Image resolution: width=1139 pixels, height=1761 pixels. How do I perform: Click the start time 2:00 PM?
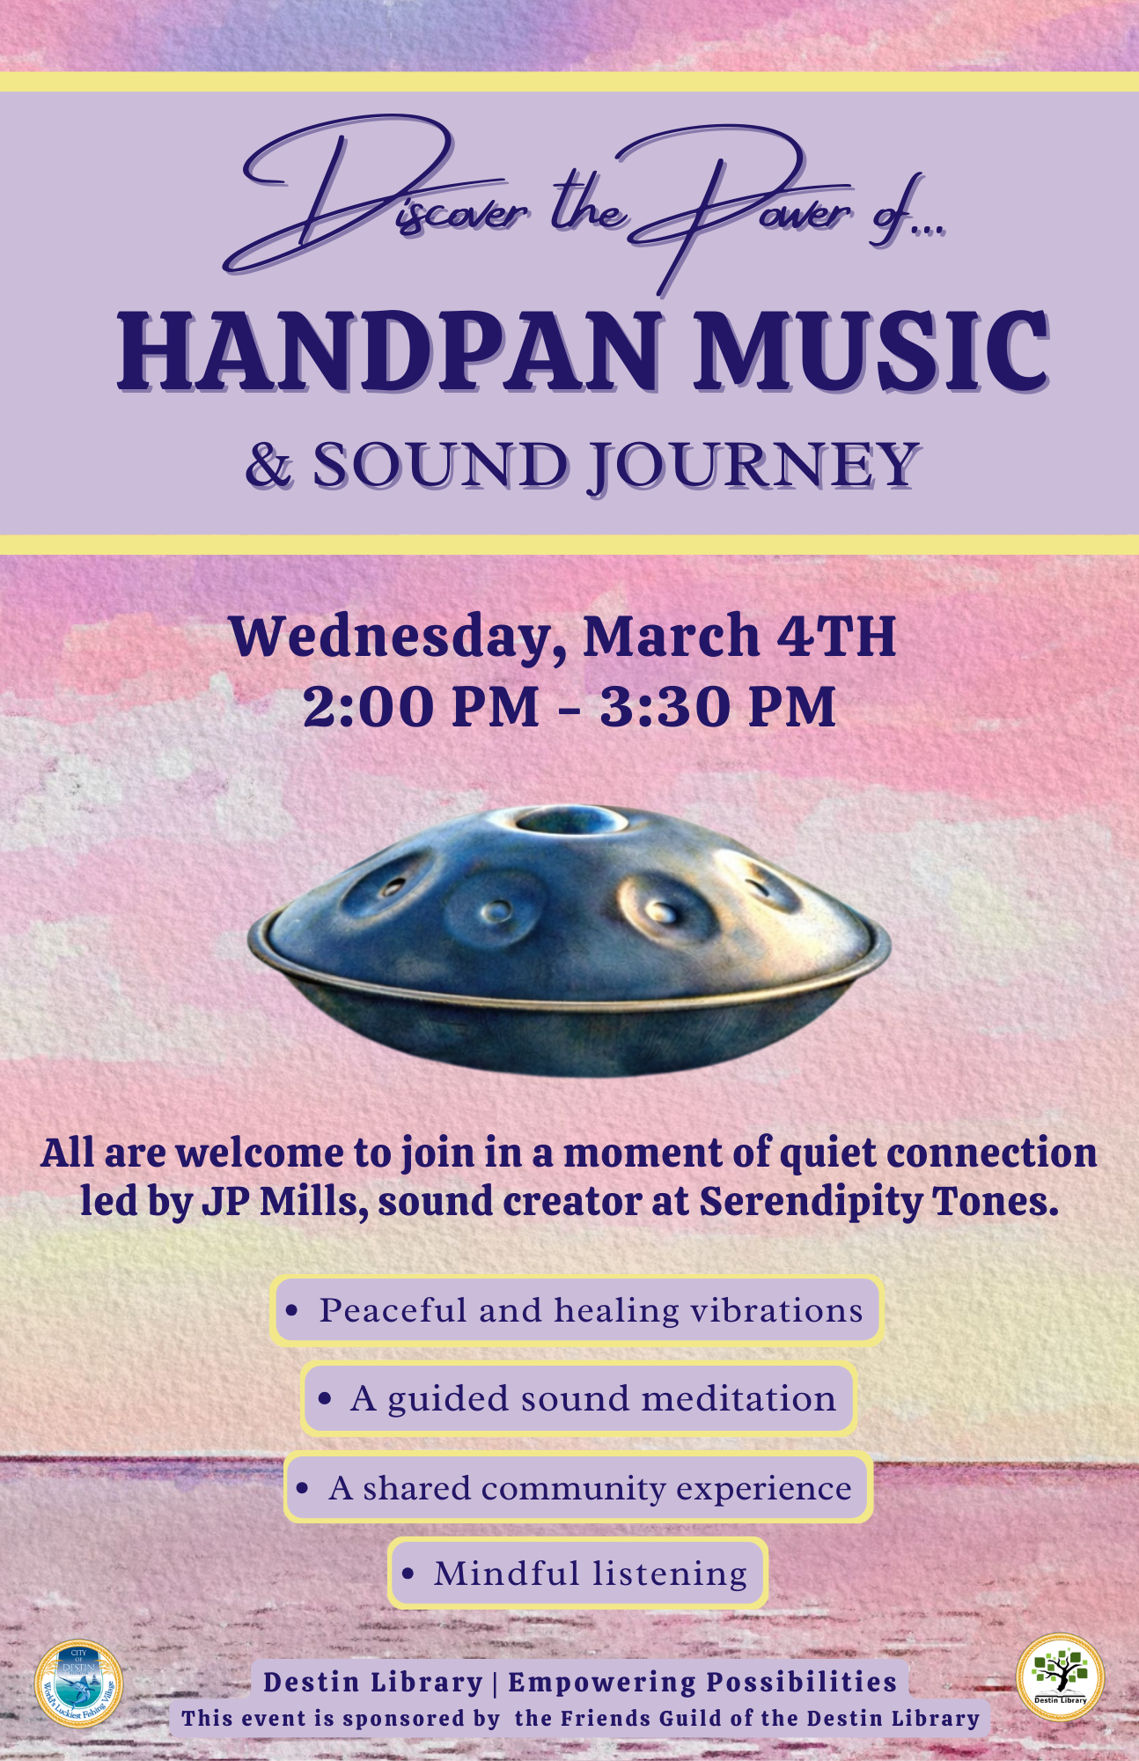pos(421,706)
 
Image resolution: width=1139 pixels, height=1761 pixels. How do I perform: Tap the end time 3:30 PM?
pos(717,706)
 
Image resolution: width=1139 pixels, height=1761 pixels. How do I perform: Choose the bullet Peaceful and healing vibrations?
pos(577,1310)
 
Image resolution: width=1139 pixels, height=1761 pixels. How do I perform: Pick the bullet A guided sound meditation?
pos(578,1398)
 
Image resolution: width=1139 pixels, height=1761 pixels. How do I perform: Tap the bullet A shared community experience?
pos(578,1488)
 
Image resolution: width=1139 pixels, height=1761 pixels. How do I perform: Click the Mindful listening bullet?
pos(578,1573)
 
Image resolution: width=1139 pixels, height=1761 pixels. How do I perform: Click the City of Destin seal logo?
pos(79,1684)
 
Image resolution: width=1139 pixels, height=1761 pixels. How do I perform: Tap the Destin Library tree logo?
pos(1060,1677)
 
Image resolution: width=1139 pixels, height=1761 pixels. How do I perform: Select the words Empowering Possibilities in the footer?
pos(702,1682)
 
